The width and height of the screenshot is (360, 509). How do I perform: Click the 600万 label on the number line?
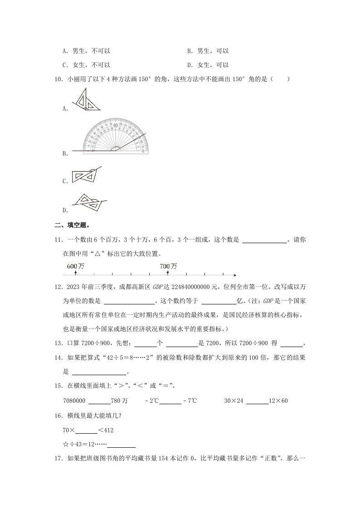(75, 266)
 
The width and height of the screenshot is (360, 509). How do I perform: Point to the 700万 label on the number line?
(168, 266)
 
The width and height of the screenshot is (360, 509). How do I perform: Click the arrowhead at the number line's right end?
(234, 275)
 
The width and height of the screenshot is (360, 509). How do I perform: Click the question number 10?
(58, 79)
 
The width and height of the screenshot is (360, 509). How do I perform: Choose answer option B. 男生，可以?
(208, 51)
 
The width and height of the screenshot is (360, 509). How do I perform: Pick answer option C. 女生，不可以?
(87, 65)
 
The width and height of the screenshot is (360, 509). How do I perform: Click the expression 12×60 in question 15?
(279, 401)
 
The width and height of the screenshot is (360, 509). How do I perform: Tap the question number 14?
(58, 358)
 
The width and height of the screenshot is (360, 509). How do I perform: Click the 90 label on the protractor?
(116, 125)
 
